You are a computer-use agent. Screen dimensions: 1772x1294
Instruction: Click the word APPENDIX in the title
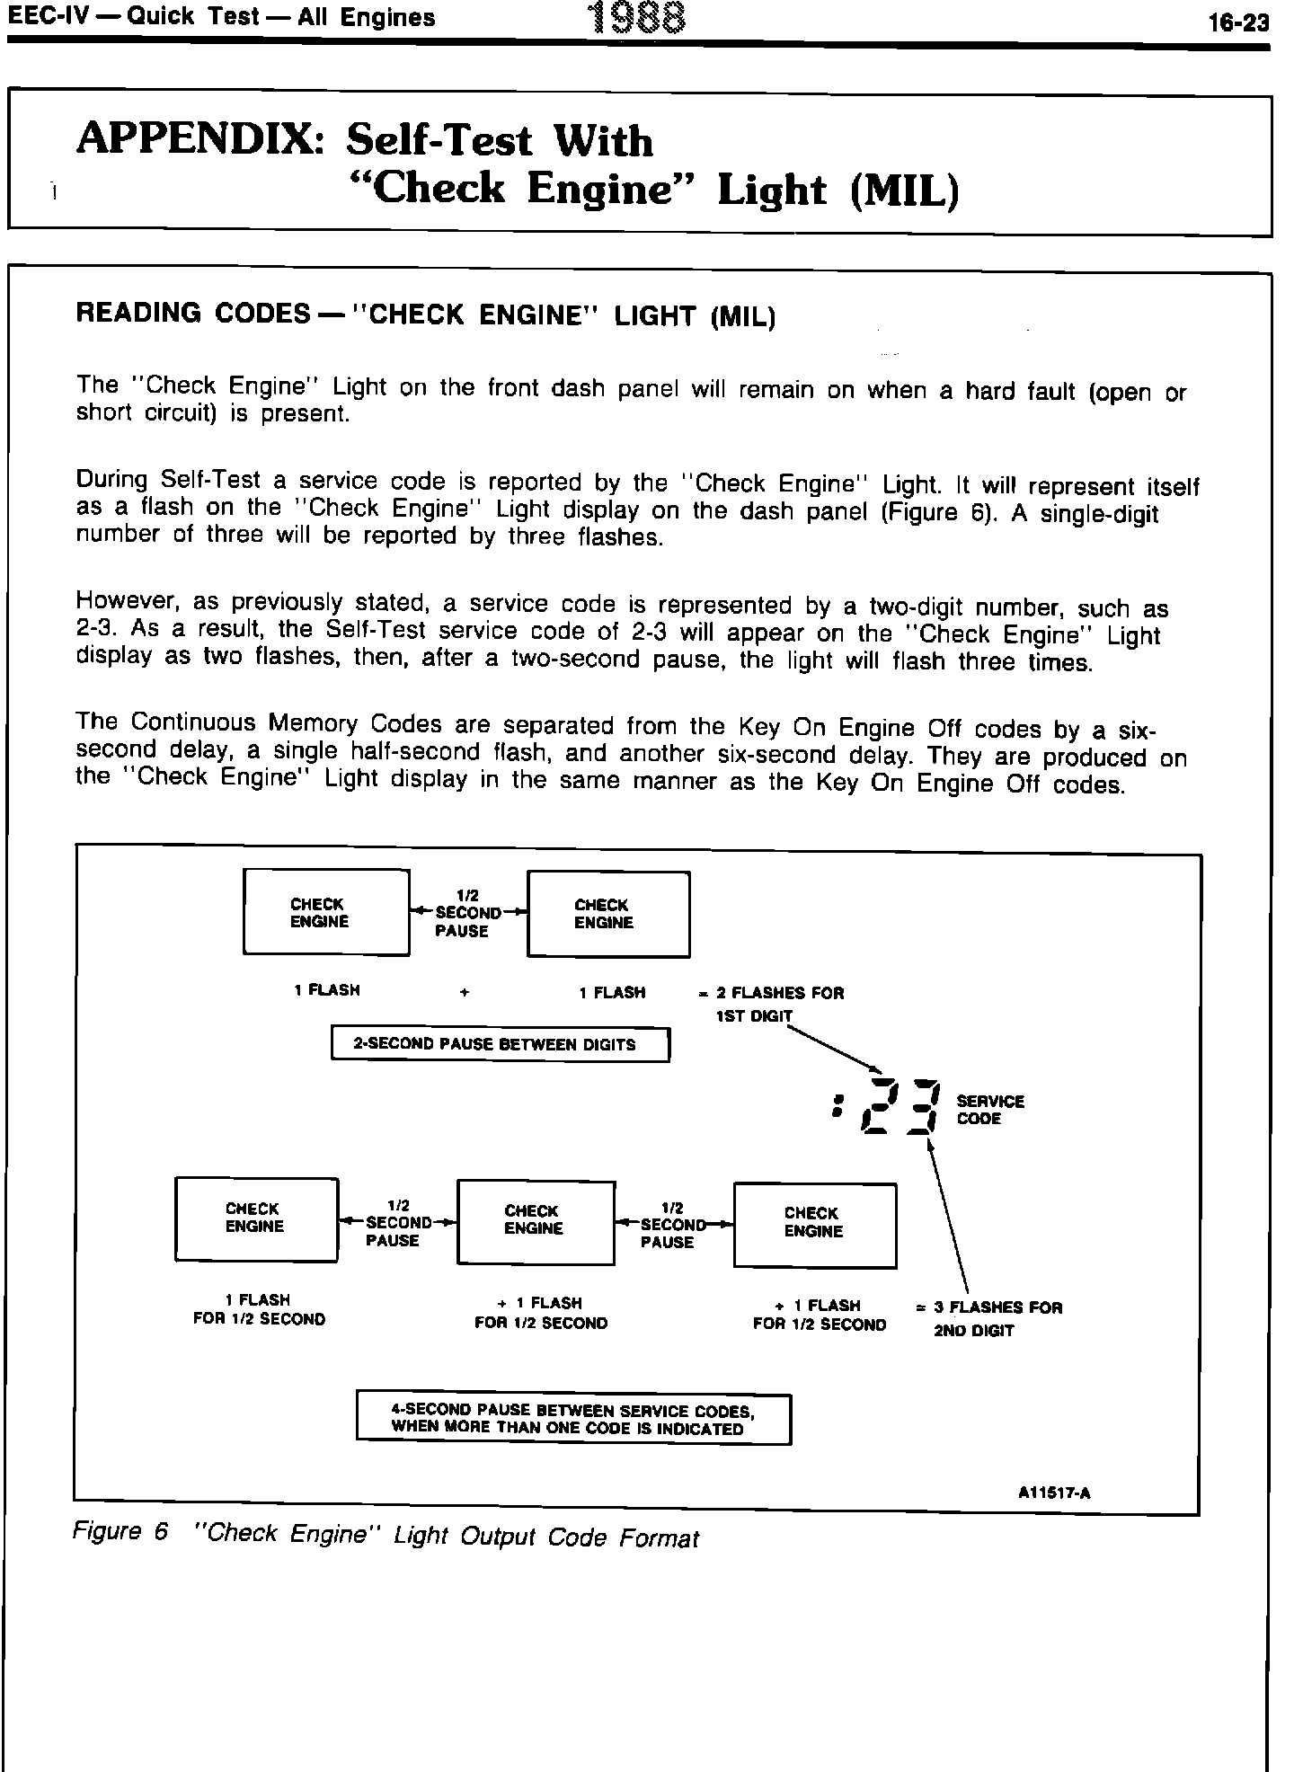pos(200,139)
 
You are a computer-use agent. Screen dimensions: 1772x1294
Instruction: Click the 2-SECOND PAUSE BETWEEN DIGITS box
pos(501,1044)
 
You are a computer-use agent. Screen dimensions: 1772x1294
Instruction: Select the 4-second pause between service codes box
pos(573,1420)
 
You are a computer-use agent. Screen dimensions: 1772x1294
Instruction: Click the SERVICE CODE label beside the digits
pos(990,1110)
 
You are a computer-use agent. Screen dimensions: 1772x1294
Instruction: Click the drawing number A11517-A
pos(1054,1493)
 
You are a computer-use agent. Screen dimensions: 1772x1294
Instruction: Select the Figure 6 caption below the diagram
pos(386,1536)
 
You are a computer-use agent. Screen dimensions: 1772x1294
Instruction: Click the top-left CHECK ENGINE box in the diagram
pos(326,912)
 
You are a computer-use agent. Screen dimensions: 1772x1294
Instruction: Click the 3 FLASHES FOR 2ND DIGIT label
pos(990,1318)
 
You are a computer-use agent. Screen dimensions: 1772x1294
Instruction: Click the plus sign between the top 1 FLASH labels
pos(464,993)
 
